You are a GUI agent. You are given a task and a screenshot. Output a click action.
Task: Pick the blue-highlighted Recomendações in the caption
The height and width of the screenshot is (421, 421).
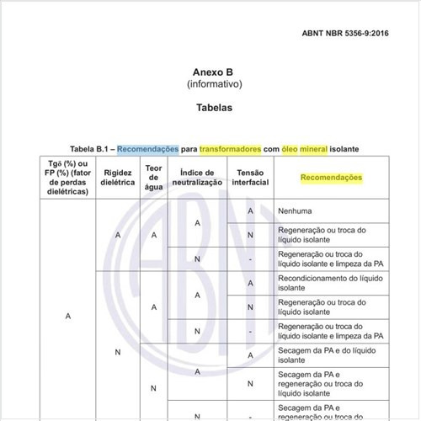(149, 149)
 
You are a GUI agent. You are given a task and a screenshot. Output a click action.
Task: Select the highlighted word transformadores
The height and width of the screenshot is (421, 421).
(231, 149)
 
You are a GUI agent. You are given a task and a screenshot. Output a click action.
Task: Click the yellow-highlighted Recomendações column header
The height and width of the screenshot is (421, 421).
(331, 178)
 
